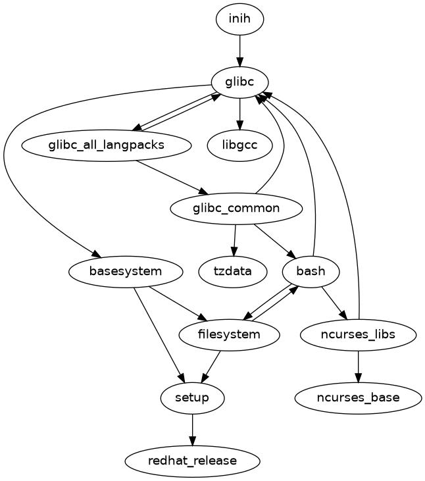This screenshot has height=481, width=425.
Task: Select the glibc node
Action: coord(239,82)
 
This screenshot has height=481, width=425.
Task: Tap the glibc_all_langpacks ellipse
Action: coord(106,145)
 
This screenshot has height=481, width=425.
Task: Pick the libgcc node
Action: coord(239,145)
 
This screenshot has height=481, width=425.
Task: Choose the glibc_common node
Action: coord(236,209)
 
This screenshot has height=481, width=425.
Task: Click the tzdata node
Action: coord(232,271)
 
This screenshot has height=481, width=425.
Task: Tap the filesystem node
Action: coord(229,334)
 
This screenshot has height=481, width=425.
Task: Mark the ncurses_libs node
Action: coord(358,334)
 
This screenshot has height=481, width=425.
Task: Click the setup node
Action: coord(193,397)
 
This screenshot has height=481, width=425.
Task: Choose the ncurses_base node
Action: coord(358,397)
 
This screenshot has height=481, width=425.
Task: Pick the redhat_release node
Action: coord(192,461)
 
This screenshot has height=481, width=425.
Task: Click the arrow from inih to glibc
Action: coord(239,50)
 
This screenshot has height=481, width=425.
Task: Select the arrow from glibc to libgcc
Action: coord(239,113)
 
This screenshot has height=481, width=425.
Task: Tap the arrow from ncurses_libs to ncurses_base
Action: coord(358,366)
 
